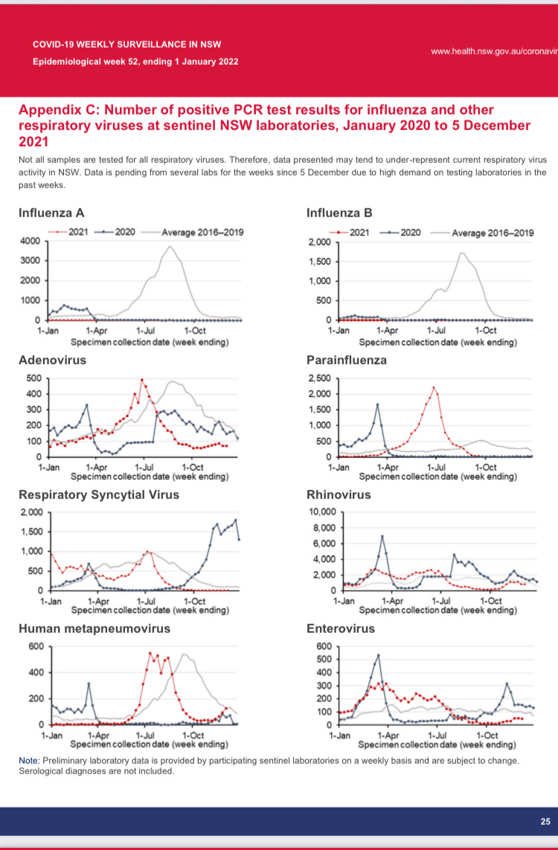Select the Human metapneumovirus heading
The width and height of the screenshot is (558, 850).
pos(94,628)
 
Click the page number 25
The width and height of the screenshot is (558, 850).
pos(545,821)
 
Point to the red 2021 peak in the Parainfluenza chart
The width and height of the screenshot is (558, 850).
pos(434,387)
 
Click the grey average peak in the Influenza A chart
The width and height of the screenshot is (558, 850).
pos(170,246)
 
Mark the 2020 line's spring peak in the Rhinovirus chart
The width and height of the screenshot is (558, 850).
pos(382,536)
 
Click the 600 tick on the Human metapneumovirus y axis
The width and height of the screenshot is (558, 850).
pos(36,645)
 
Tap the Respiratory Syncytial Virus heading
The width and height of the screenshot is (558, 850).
pos(98,495)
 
